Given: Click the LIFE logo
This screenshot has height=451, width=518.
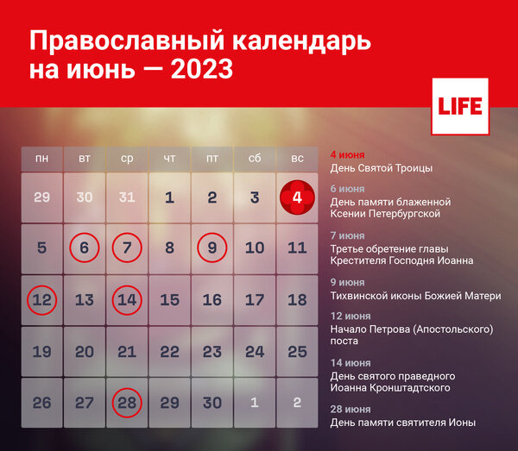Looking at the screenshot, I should point(459,107).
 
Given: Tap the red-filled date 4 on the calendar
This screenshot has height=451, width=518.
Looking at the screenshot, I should point(297,197).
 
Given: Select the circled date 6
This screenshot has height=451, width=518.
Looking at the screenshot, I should point(85,248).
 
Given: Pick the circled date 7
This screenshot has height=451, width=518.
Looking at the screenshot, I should point(127,248).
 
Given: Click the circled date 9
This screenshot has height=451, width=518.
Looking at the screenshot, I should point(212,248).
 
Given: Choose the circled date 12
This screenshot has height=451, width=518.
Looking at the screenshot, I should point(41,300).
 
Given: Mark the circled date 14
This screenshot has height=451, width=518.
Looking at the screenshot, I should point(127,300).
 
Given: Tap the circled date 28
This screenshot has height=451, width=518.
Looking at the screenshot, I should point(127,403).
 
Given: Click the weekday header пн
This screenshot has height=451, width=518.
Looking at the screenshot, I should point(41,159).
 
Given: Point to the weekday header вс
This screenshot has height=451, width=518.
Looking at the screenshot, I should point(297,159).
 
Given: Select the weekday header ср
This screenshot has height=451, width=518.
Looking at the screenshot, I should point(127,159).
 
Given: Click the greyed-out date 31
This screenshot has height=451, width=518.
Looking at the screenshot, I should point(127,197).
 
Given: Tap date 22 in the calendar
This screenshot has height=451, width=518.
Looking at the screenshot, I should point(169,352).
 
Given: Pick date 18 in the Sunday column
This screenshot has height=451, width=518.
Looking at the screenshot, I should point(297,300).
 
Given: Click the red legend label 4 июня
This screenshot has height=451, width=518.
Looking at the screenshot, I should point(348,155).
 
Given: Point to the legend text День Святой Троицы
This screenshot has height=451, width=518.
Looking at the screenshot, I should point(382,168).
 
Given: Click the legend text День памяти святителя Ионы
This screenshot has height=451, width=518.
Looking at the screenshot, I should point(403,423).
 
